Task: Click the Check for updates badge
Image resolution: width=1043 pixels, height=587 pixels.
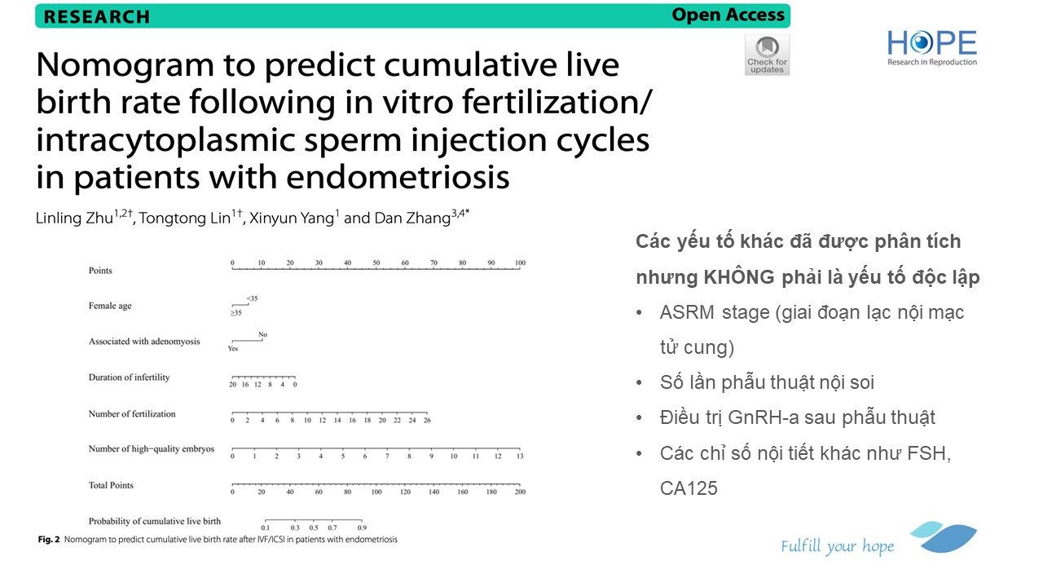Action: point(767,55)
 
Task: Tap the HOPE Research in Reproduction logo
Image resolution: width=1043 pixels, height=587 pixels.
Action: point(931,48)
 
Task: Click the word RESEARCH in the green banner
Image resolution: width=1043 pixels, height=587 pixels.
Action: point(97,17)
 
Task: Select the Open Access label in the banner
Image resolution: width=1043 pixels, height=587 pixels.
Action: point(728,15)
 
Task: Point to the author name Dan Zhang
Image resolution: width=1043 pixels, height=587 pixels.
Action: point(412,218)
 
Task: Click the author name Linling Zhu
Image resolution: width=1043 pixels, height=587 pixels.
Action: point(74,218)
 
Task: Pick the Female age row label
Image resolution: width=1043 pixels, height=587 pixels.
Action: point(110,306)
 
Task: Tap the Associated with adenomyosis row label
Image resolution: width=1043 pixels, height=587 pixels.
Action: point(144,341)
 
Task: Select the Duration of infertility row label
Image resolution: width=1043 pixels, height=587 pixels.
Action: point(129,377)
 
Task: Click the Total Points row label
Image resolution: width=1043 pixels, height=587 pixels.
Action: point(111,485)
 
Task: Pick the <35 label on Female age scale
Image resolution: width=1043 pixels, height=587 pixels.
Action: point(252,298)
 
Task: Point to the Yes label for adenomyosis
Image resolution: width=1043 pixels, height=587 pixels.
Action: point(233,348)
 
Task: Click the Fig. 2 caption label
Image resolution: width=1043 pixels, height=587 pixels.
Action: point(49,540)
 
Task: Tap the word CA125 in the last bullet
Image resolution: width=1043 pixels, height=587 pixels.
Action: point(689,488)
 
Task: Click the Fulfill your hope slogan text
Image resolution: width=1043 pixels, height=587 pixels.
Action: point(837,546)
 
